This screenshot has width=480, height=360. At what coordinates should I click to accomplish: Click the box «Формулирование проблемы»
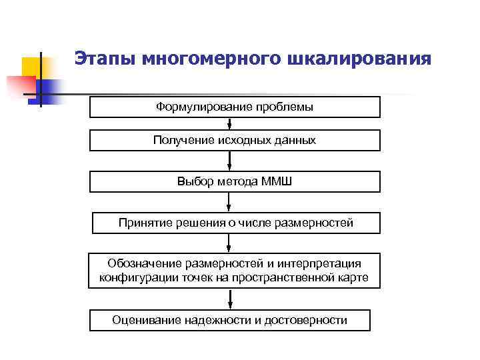click(235, 107)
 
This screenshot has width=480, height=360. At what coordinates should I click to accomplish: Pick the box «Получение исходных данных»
click(235, 140)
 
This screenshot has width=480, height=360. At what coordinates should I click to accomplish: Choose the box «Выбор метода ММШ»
click(235, 181)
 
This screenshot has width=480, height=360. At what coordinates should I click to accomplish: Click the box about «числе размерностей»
click(235, 223)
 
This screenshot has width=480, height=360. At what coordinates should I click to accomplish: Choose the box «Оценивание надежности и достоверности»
click(230, 320)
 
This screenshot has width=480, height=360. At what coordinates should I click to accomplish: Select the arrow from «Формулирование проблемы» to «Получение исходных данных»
click(230, 123)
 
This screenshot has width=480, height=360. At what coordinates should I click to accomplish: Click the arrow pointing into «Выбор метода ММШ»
click(230, 161)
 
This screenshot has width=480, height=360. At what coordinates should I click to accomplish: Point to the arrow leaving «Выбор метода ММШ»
click(230, 202)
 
